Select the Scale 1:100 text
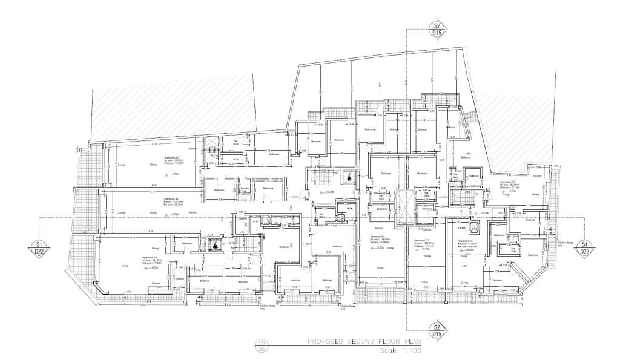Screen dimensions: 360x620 click(x=395, y=350)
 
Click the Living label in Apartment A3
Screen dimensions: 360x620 click(x=125, y=266)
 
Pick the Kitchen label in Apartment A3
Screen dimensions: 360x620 click(x=156, y=283)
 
